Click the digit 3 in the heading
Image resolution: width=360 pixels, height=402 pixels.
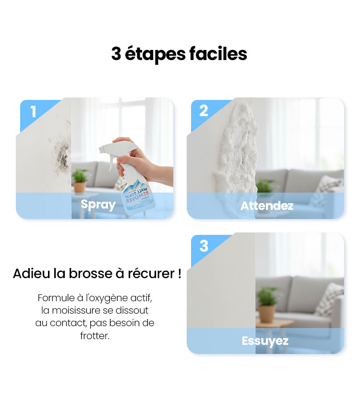[x=116, y=54]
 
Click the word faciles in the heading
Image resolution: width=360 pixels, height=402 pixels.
[x=218, y=54]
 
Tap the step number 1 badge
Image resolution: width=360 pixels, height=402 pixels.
[x=33, y=111]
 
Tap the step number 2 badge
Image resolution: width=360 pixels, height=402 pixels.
[x=204, y=111]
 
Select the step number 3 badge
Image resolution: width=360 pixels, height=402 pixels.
[x=204, y=246]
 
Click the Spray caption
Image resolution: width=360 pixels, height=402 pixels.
[x=98, y=205]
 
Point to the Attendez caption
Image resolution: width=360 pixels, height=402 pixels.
[x=267, y=206]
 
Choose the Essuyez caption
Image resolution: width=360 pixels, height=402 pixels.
[x=265, y=341]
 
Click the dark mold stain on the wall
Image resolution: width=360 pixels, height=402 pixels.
[x=61, y=154]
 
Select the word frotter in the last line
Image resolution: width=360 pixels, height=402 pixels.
[x=95, y=336]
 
